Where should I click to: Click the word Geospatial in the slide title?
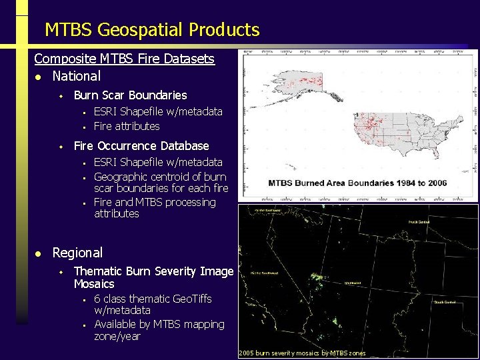tap(140, 30)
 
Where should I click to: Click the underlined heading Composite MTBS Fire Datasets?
tap(124, 59)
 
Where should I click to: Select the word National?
tap(77, 76)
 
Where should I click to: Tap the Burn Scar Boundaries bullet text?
tap(130, 95)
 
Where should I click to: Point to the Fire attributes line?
tap(127, 126)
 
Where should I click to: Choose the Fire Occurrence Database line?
tap(141, 146)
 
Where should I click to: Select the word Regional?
tap(77, 253)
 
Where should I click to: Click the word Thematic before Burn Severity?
tap(97, 271)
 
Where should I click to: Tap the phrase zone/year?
tap(117, 337)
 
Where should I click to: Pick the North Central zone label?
tap(419, 221)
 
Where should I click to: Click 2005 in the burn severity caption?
tap(246, 353)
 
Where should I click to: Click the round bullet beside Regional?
tap(39, 253)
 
